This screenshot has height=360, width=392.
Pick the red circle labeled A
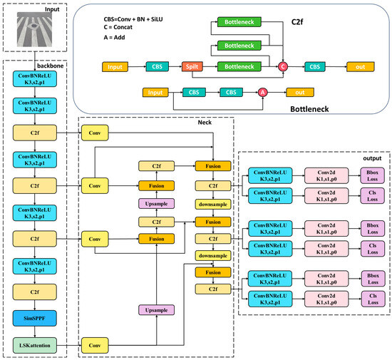262,92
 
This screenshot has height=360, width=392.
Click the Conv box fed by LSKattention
94,346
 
